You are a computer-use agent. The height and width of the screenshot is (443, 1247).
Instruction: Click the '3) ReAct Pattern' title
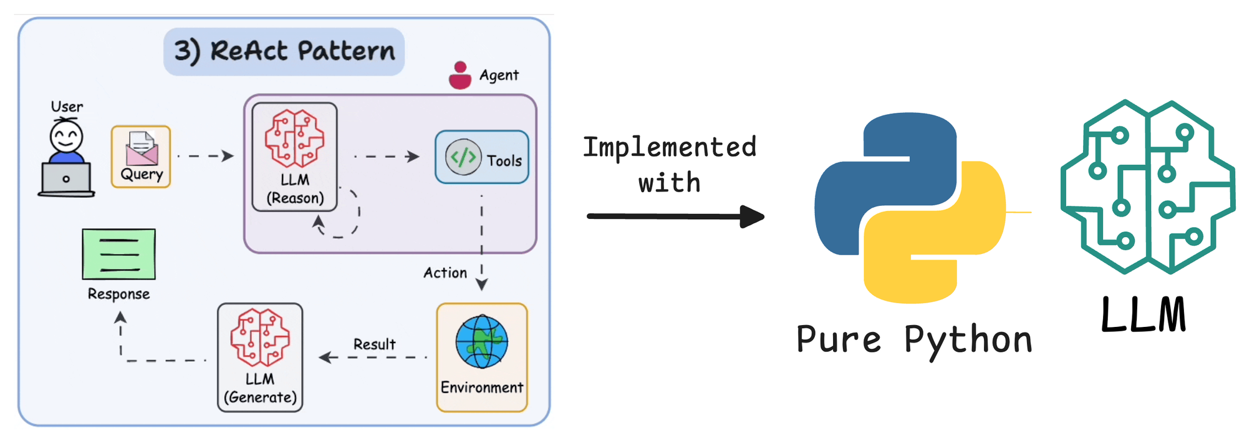tap(284, 51)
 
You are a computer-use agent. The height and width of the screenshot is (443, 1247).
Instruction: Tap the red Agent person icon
tap(460, 75)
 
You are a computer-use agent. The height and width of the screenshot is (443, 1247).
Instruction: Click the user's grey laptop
tap(66, 179)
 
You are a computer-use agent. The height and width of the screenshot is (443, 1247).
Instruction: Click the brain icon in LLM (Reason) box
tap(294, 139)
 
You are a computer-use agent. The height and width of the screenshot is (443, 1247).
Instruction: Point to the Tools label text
tap(504, 161)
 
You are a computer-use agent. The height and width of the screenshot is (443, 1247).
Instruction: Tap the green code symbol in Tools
tap(463, 157)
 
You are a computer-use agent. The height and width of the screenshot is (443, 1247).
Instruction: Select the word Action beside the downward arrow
tap(445, 273)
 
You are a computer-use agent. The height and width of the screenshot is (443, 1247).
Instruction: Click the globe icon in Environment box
tap(481, 342)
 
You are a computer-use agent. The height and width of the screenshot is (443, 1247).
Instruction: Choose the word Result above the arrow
tap(374, 344)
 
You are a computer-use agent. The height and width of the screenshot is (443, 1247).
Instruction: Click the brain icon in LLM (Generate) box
tap(260, 337)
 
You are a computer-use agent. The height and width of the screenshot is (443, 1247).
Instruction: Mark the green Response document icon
tap(118, 254)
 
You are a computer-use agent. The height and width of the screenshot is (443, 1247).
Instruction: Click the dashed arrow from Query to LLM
tap(206, 156)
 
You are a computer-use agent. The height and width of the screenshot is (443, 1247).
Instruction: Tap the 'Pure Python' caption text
tap(914, 340)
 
